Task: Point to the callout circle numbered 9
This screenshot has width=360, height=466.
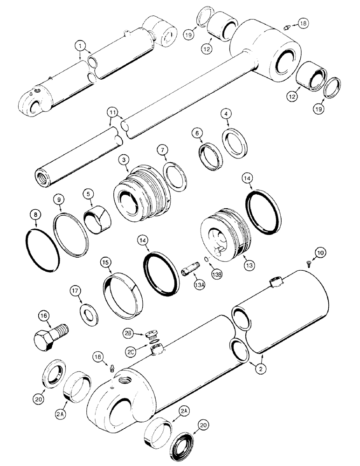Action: tap(58, 199)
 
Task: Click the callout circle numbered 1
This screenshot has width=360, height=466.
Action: tap(82, 46)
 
